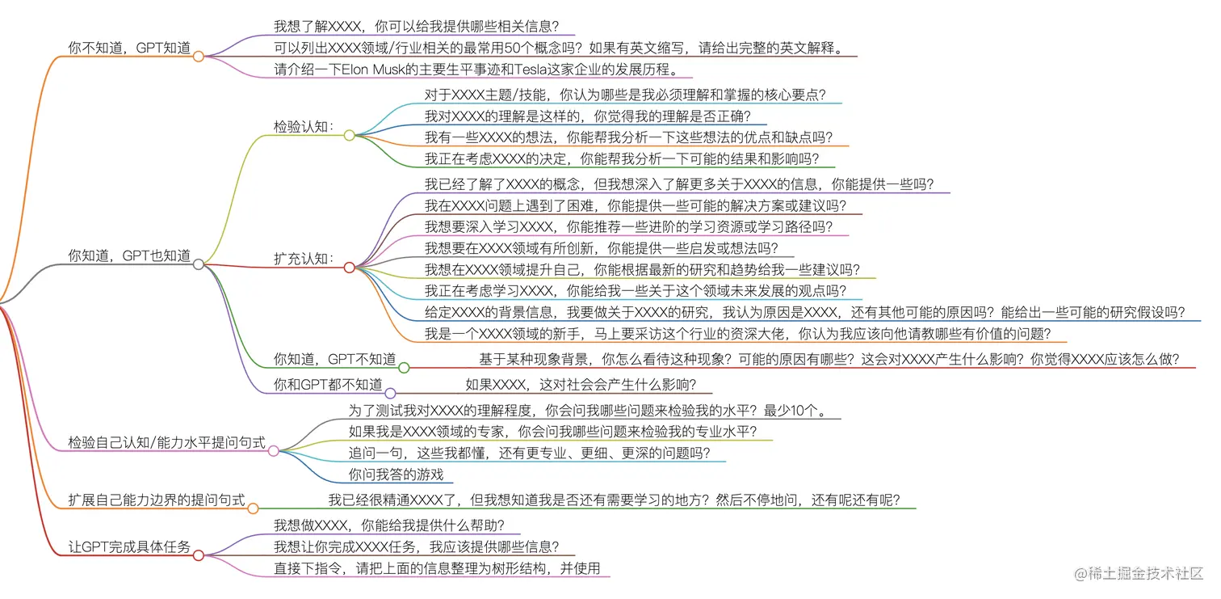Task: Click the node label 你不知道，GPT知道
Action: click(129, 49)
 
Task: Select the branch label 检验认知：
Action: click(304, 127)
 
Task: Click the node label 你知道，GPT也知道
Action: click(129, 256)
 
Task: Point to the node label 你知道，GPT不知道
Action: click(334, 359)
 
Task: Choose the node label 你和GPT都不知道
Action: click(328, 385)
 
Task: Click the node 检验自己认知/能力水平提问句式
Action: click(167, 442)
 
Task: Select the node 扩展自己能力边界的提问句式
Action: click(157, 500)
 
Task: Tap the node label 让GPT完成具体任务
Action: click(129, 547)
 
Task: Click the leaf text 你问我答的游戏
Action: click(396, 475)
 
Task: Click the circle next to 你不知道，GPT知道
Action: click(198, 57)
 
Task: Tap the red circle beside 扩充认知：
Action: click(350, 267)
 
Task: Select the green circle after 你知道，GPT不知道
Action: click(404, 368)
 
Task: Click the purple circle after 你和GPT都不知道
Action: click(390, 393)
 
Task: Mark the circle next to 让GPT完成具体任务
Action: click(198, 555)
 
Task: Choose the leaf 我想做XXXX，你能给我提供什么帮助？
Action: click(390, 525)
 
